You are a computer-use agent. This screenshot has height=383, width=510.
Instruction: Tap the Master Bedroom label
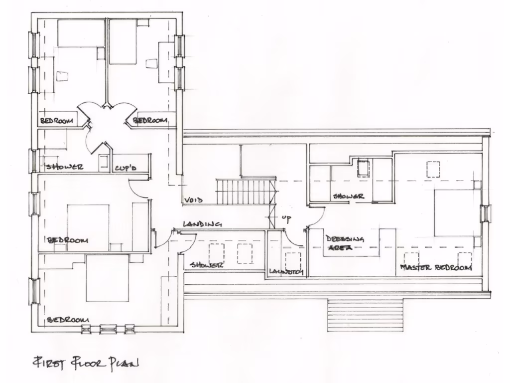(436, 269)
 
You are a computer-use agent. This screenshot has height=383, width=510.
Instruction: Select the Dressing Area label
(345, 242)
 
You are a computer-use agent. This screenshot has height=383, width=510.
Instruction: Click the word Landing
(202, 224)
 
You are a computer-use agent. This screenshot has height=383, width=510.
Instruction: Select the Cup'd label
(125, 169)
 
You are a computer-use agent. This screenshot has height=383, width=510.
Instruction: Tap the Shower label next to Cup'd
(65, 167)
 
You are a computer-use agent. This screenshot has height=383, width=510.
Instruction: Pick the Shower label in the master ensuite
(349, 196)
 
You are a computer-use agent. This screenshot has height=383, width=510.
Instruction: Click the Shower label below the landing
(206, 265)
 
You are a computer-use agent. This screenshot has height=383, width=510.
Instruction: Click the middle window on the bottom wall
(107, 329)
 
